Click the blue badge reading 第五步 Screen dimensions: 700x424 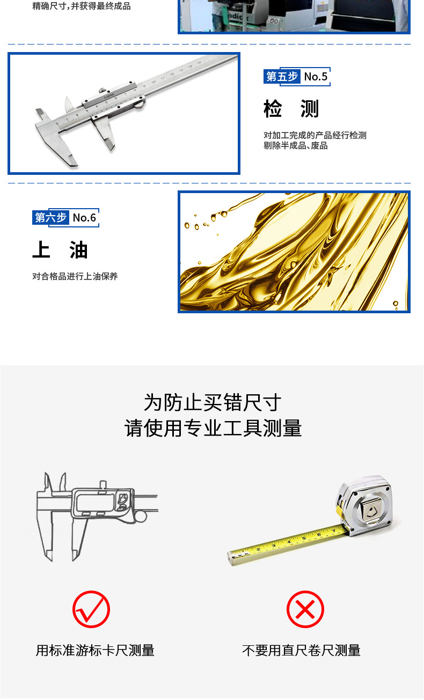[x=282, y=77]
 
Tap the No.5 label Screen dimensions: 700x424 [x=316, y=77]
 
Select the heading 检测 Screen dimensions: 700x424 [x=291, y=109]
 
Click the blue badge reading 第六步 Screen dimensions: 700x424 [x=50, y=217]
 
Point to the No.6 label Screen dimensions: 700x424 [x=84, y=217]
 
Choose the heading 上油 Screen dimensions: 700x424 [x=60, y=250]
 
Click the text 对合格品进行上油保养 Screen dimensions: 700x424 [x=75, y=276]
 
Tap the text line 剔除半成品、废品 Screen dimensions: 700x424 [x=295, y=145]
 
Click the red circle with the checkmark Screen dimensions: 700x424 [x=91, y=609]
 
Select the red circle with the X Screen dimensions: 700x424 [x=305, y=609]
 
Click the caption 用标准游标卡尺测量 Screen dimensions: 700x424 [x=95, y=651]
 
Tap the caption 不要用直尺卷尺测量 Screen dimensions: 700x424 [x=301, y=651]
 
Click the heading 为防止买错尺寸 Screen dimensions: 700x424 [x=213, y=402]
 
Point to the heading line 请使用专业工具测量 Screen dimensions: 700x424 [x=213, y=428]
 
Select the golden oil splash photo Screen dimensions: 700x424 [x=294, y=252]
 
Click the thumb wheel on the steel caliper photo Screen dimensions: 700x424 [x=140, y=106]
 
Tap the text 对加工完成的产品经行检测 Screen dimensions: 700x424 [x=315, y=135]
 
